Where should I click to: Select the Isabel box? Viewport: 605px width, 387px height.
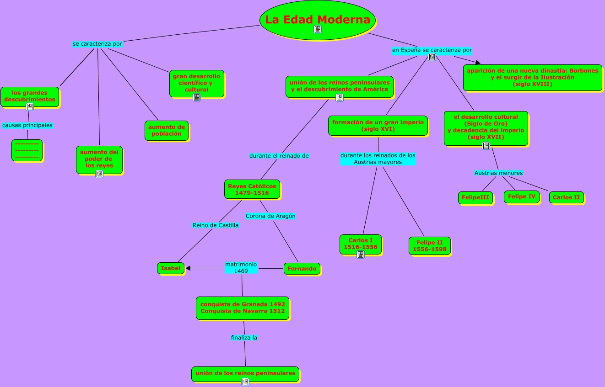pyautogui.click(x=171, y=268)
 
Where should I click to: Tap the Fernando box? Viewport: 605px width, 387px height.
pyautogui.click(x=302, y=269)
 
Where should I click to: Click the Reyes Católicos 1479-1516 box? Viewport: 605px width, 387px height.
pyautogui.click(x=252, y=189)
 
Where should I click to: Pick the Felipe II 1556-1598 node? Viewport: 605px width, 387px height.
pyautogui.click(x=430, y=246)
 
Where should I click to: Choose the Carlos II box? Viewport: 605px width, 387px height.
pyautogui.click(x=566, y=197)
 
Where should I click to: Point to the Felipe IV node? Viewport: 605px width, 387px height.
pyautogui.click(x=522, y=196)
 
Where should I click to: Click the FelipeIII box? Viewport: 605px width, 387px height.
pyautogui.click(x=475, y=198)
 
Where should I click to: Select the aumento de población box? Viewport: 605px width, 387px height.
pyautogui.click(x=167, y=130)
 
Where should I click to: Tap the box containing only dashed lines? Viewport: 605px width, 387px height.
pyautogui.click(x=27, y=150)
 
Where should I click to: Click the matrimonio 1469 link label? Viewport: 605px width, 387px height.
pyautogui.click(x=241, y=268)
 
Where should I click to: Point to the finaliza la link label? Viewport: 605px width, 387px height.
pyautogui.click(x=244, y=338)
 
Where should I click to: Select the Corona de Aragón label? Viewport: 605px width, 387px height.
pyautogui.click(x=270, y=216)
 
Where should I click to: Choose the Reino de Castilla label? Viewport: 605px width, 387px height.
pyautogui.click(x=216, y=225)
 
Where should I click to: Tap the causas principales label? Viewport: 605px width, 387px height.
pyautogui.click(x=27, y=125)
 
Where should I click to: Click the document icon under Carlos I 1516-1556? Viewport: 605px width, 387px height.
pyautogui.click(x=361, y=254)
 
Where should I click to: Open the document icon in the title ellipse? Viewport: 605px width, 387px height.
pyautogui.click(x=318, y=29)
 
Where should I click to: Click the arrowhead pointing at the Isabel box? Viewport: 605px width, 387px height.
pyautogui.click(x=188, y=268)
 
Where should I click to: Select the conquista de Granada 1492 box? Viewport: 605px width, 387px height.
pyautogui.click(x=243, y=307)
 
